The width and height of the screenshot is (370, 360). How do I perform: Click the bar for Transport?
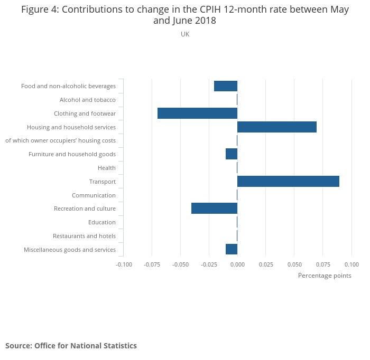click(x=288, y=182)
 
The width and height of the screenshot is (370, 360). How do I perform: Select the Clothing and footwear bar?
click(x=197, y=113)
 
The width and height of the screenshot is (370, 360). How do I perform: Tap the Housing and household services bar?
click(x=277, y=127)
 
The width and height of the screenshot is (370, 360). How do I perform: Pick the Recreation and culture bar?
click(x=214, y=209)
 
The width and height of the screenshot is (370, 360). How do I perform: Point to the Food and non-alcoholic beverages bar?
click(x=226, y=86)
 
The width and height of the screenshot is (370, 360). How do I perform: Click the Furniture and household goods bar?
click(x=232, y=154)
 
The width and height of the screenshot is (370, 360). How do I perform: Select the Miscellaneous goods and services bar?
click(x=232, y=249)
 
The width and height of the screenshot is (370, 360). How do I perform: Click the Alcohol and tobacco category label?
click(x=87, y=100)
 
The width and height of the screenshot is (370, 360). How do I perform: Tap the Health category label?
click(x=106, y=168)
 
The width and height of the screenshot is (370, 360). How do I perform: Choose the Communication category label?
click(x=94, y=195)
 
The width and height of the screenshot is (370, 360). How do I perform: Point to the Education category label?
click(x=101, y=222)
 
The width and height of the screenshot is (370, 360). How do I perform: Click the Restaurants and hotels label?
click(x=84, y=236)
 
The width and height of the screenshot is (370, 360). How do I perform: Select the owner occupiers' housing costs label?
click(x=60, y=140)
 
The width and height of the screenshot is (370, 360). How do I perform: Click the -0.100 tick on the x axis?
click(x=124, y=264)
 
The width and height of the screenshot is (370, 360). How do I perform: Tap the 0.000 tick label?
click(x=237, y=264)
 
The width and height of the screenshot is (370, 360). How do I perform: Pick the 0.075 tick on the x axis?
click(x=323, y=264)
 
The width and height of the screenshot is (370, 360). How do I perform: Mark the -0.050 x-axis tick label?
click(x=180, y=264)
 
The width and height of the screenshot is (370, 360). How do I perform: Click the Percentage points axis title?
click(x=325, y=276)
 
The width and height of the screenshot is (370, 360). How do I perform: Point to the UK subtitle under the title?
click(x=185, y=34)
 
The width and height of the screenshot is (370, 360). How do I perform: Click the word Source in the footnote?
click(x=18, y=346)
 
